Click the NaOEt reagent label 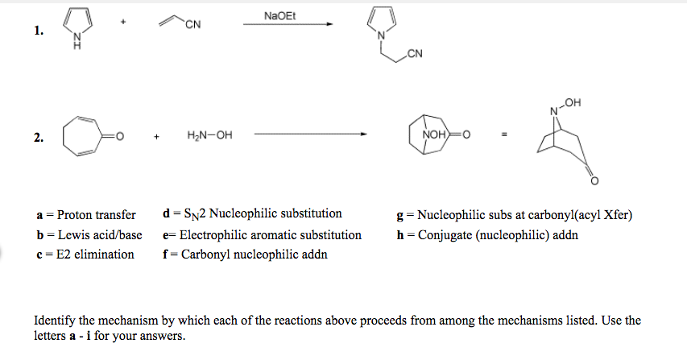(x=279, y=16)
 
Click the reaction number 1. (x=38, y=31)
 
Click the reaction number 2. (x=38, y=138)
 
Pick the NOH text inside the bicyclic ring (x=424, y=134)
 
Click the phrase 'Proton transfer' (x=97, y=215)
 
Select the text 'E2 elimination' (x=96, y=254)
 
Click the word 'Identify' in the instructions (x=54, y=320)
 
